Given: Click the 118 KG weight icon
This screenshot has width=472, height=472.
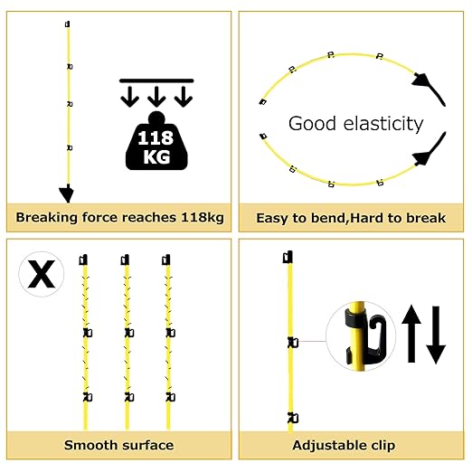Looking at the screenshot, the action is pyautogui.click(x=156, y=141).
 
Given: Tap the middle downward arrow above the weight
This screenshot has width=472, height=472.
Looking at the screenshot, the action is pyautogui.click(x=156, y=97).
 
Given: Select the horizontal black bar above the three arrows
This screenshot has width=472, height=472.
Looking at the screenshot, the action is pyautogui.click(x=156, y=80).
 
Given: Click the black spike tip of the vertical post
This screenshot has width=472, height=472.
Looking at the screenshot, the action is pyautogui.click(x=67, y=193).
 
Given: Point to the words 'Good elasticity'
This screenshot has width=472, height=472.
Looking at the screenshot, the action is pyautogui.click(x=355, y=124).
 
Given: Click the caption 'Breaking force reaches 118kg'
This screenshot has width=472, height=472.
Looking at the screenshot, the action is pyautogui.click(x=119, y=217).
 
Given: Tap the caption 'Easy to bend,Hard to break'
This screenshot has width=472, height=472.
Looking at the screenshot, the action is pyautogui.click(x=351, y=218).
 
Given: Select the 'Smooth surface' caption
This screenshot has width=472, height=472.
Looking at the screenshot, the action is pyautogui.click(x=118, y=445).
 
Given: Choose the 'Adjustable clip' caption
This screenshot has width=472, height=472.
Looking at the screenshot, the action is pyautogui.click(x=344, y=445).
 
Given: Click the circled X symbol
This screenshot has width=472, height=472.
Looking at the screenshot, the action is pyautogui.click(x=42, y=274).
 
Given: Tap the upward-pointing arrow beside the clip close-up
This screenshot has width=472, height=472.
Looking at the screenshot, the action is pyautogui.click(x=411, y=334).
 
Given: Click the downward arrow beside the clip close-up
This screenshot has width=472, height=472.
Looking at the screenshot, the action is pyautogui.click(x=436, y=335).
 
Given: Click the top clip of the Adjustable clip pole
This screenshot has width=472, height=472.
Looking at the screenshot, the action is pyautogui.click(x=288, y=257).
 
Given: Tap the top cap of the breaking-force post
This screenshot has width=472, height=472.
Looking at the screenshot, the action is pyautogui.click(x=68, y=24).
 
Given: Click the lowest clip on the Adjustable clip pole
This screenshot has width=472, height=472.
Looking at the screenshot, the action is pyautogui.click(x=293, y=418).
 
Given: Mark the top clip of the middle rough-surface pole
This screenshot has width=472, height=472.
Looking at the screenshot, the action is pyautogui.click(x=125, y=260).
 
